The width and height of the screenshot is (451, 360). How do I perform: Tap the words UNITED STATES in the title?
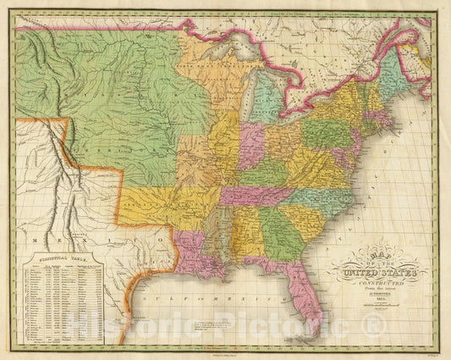(375, 273)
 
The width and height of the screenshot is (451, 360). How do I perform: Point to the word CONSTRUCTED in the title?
(375, 284)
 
